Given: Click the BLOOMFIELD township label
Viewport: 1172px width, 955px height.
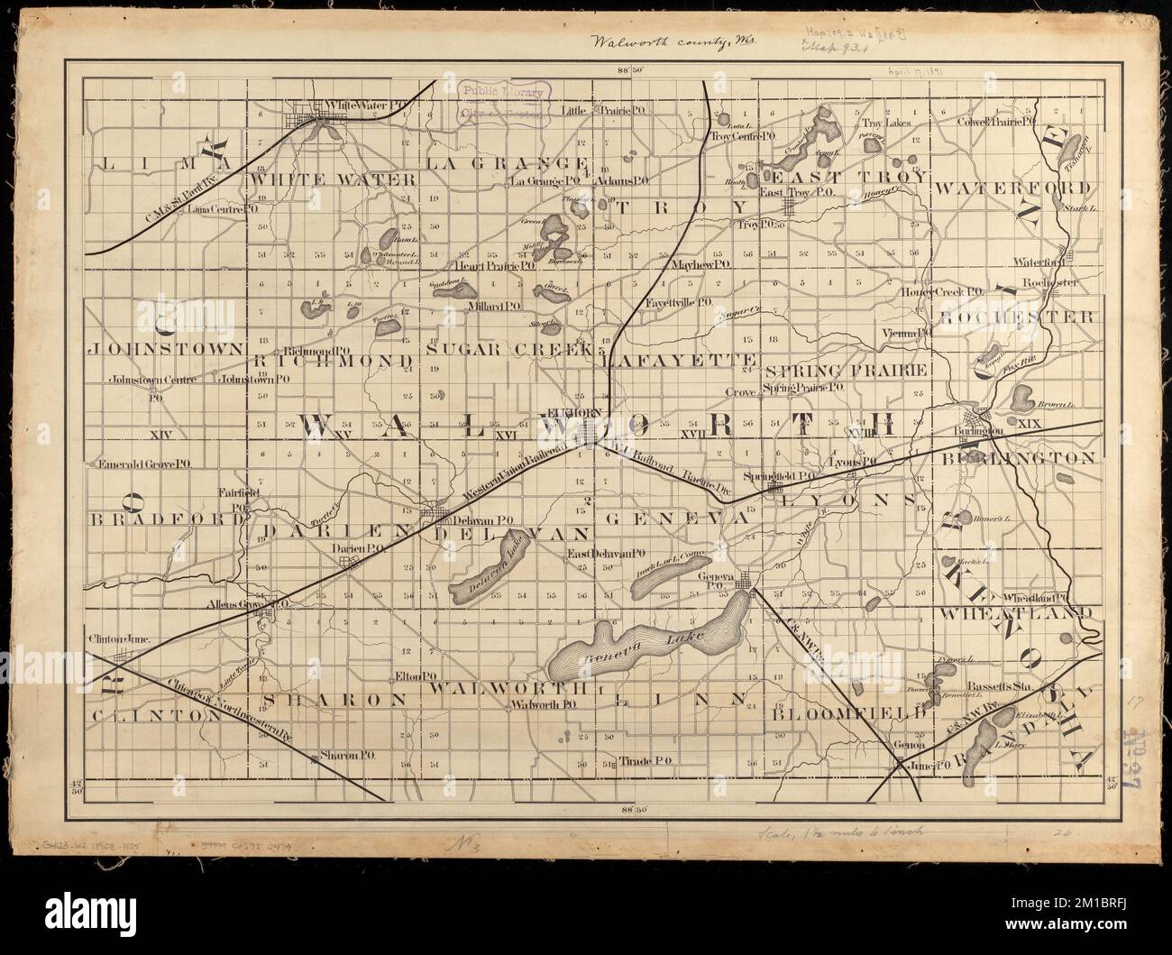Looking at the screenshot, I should [x=848, y=712].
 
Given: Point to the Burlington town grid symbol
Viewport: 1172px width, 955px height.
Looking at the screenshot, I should [x=975, y=418].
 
